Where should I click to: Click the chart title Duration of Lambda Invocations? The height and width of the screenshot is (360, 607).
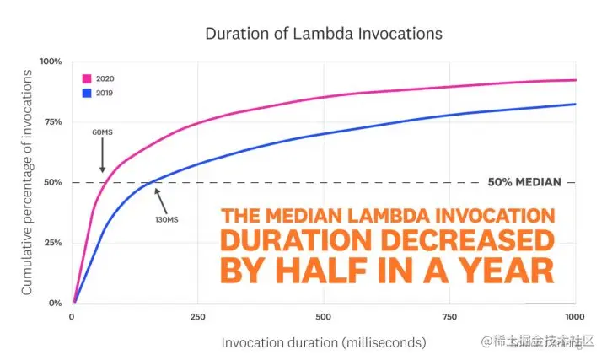(x=324, y=35)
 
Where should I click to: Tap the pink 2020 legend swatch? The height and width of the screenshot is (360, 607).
(x=87, y=78)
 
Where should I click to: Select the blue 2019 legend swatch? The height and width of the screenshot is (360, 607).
(x=87, y=93)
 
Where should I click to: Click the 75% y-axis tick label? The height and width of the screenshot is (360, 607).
(x=52, y=122)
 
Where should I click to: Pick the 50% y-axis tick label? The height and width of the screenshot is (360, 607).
(x=52, y=182)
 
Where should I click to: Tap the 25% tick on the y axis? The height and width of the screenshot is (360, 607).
(x=52, y=243)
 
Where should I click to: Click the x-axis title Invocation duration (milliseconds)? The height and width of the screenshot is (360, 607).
(x=324, y=343)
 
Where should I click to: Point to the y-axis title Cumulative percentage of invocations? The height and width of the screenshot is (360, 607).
(x=27, y=181)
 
